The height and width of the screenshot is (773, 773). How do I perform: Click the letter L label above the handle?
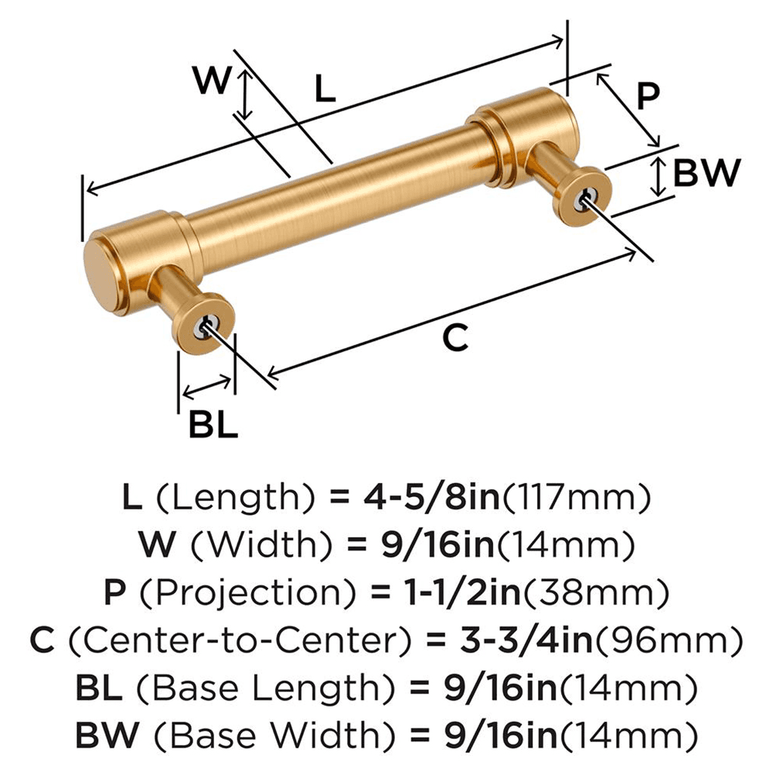[325, 90]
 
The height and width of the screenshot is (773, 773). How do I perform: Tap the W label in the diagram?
[211, 80]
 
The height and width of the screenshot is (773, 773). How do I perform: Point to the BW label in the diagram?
[707, 174]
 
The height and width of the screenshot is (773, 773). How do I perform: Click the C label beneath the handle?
[456, 337]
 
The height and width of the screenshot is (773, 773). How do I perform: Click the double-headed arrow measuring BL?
[206, 386]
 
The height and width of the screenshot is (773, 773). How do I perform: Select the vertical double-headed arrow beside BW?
[657, 176]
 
